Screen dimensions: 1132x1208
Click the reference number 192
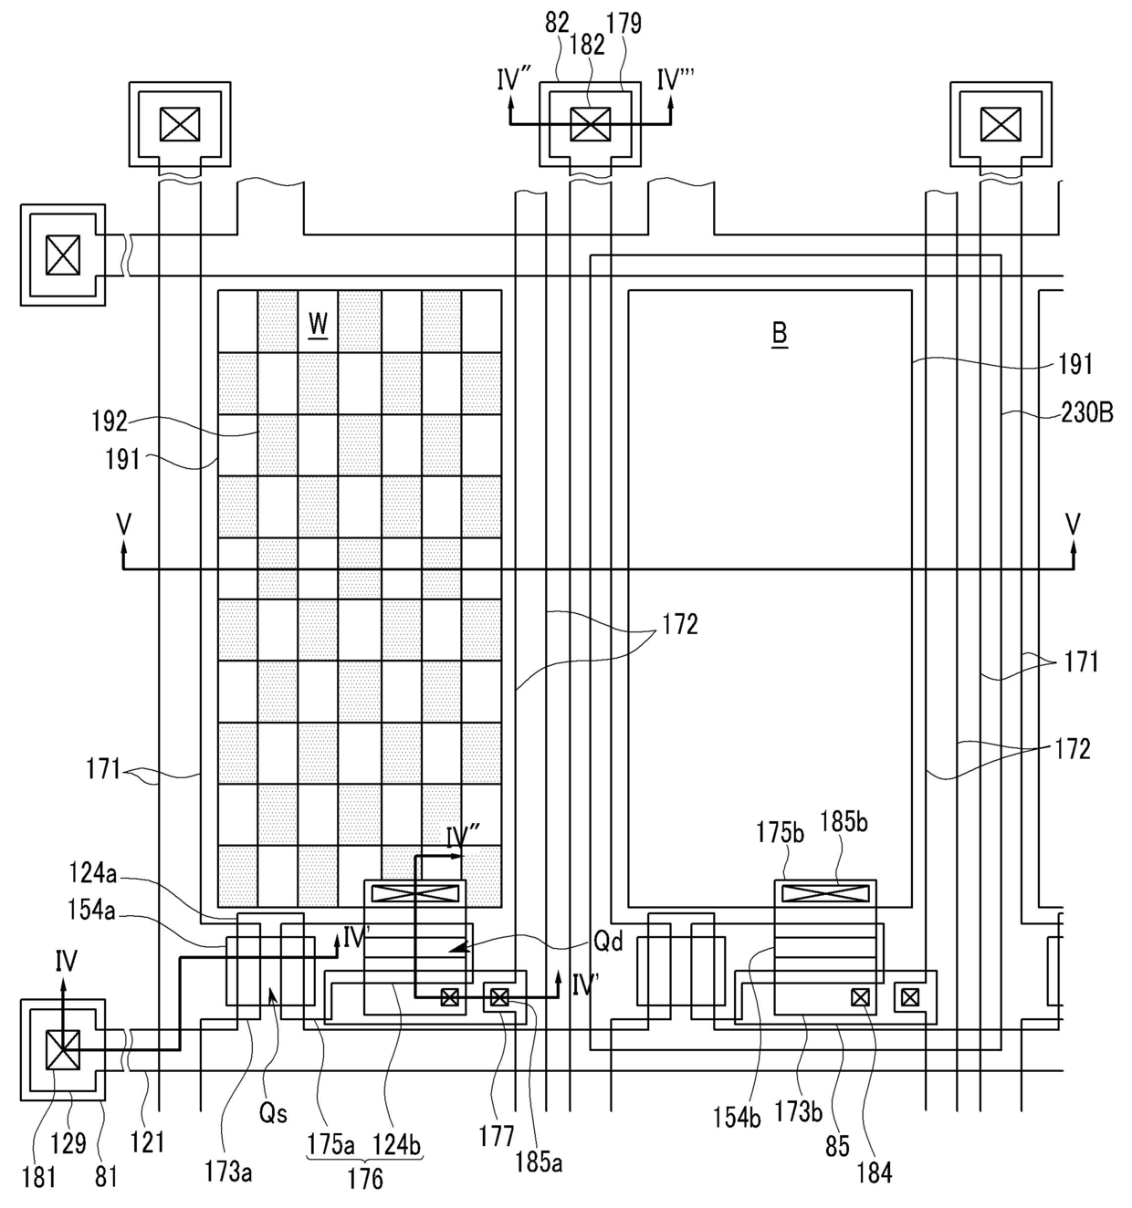pyautogui.click(x=110, y=421)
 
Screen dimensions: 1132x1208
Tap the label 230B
pyautogui.click(x=1087, y=413)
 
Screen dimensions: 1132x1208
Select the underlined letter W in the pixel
pyautogui.click(x=319, y=324)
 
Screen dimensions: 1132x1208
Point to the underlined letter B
pyautogui.click(x=780, y=334)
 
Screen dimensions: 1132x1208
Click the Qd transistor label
pyautogui.click(x=609, y=941)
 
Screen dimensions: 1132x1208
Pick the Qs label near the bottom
pyautogui.click(x=273, y=1113)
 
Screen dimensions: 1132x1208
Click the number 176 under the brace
pyautogui.click(x=365, y=1179)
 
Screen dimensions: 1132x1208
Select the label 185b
pyautogui.click(x=844, y=822)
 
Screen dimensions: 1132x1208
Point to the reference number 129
pyautogui.click(x=68, y=1143)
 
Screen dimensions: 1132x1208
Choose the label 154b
pyautogui.click(x=737, y=1117)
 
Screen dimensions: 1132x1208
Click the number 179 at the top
pyautogui.click(x=624, y=23)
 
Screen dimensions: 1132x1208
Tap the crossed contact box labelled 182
pyautogui.click(x=590, y=124)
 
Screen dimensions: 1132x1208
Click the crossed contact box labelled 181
pyautogui.click(x=63, y=1049)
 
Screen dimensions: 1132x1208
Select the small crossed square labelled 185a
pyautogui.click(x=499, y=997)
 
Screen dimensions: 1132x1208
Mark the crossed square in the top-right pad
pyautogui.click(x=1001, y=124)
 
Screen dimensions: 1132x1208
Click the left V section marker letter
pyautogui.click(x=124, y=523)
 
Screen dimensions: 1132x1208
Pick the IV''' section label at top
pyautogui.click(x=676, y=79)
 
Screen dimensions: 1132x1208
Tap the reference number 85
pyautogui.click(x=837, y=1146)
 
